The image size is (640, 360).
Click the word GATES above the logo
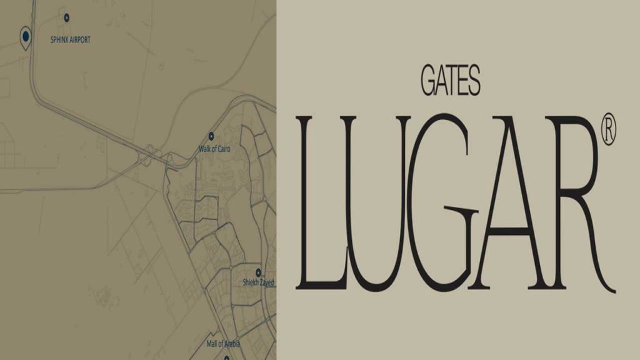coord(451,82)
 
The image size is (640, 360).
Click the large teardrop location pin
coord(26,37)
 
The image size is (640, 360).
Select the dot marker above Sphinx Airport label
coord(67,17)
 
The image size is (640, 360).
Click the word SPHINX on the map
coord(61,39)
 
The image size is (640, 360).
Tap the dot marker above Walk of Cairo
coord(211,136)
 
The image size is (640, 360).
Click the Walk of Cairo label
coord(214,149)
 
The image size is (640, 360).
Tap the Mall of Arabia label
coord(223,344)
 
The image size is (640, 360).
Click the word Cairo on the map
coord(224,149)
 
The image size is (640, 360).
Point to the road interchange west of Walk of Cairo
coord(152,152)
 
